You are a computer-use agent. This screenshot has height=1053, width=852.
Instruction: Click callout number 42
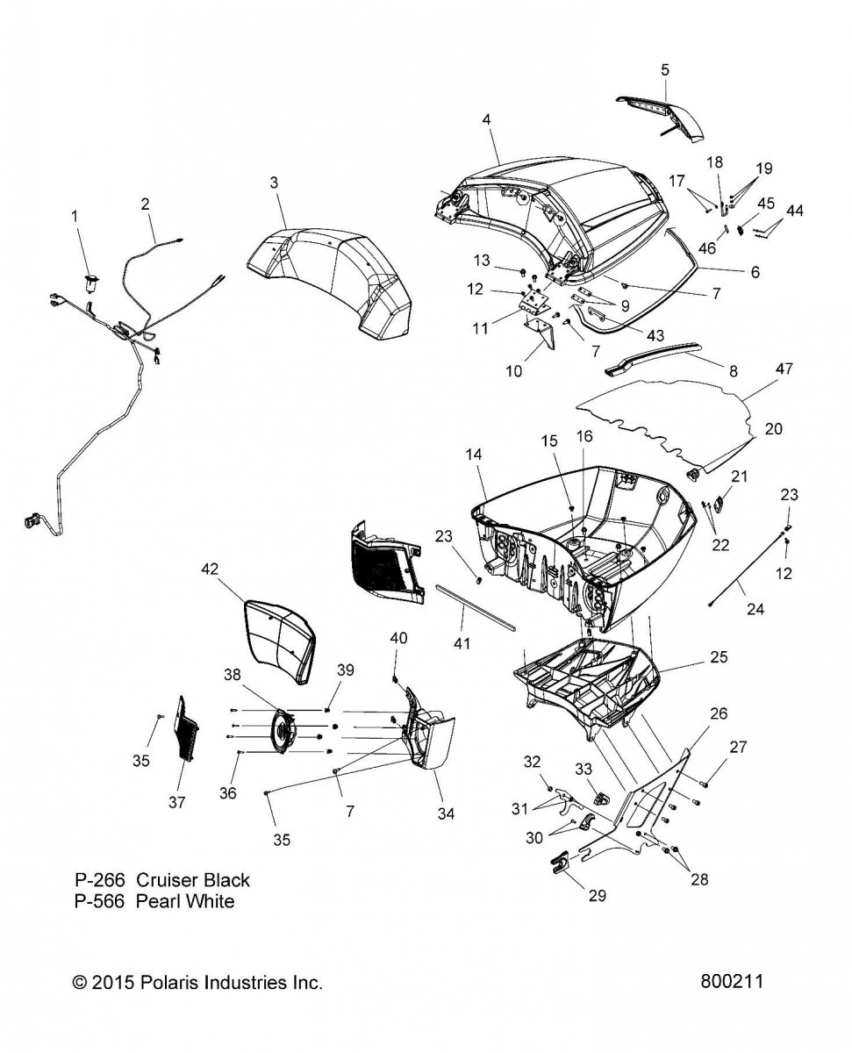pyautogui.click(x=210, y=569)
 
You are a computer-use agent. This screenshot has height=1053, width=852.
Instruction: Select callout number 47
pyautogui.click(x=759, y=369)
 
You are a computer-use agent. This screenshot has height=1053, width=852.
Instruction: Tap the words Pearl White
pyautogui.click(x=185, y=901)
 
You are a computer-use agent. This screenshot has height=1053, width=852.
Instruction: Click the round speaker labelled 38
pyautogui.click(x=282, y=730)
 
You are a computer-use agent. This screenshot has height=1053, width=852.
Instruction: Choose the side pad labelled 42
pyautogui.click(x=279, y=636)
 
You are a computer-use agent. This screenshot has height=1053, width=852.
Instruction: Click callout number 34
pyautogui.click(x=446, y=813)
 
